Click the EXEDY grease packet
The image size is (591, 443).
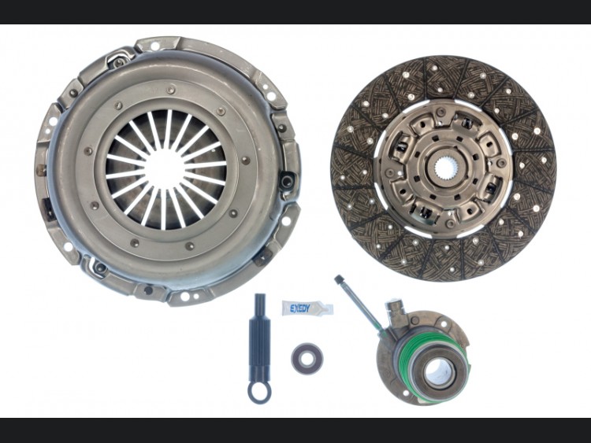[307, 308]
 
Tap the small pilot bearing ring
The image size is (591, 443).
[307, 358]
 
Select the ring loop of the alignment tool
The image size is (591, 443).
[259, 392]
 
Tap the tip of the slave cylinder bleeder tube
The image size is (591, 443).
[338, 279]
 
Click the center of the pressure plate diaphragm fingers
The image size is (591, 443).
[165, 168]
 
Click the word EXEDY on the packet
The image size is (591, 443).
[299, 308]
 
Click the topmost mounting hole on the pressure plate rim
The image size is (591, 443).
[155, 46]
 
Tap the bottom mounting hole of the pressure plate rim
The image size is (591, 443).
[184, 296]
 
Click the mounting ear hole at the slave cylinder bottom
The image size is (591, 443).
[406, 393]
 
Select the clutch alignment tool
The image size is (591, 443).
[259, 349]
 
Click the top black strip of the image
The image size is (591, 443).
[295, 12]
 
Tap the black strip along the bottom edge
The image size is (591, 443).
[295, 430]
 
